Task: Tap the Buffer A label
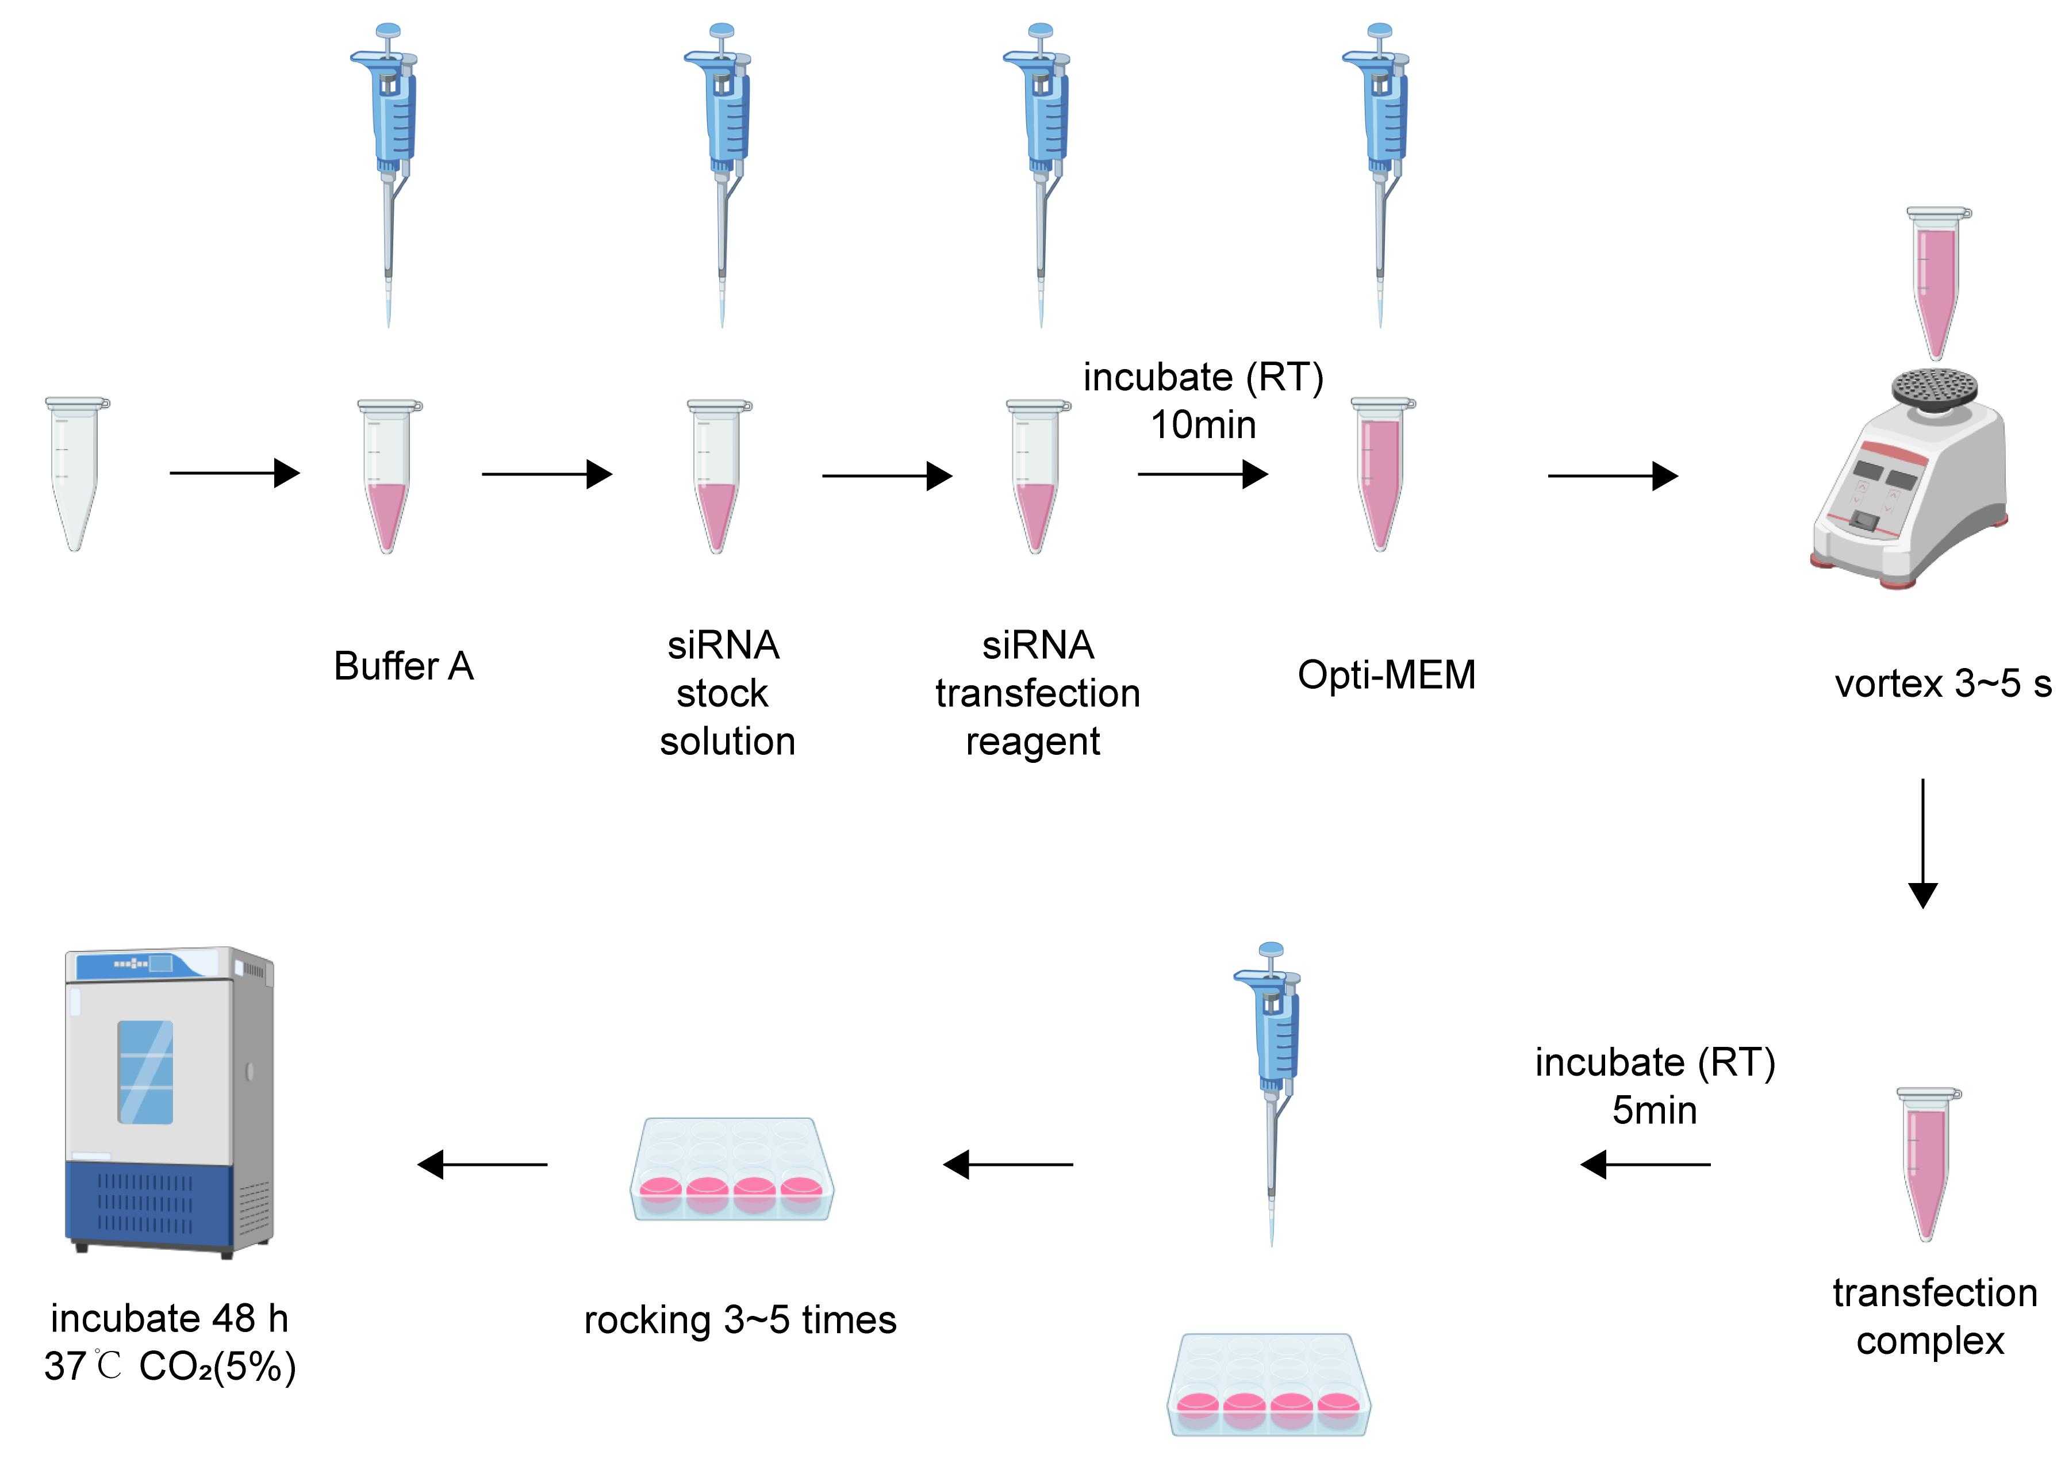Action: point(404,666)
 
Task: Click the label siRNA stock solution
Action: point(725,693)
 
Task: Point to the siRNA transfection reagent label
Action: point(1037,693)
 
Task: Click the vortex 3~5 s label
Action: point(1943,684)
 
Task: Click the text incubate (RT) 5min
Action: point(1655,1086)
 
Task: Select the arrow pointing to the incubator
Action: point(482,1164)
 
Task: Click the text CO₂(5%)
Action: point(217,1368)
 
